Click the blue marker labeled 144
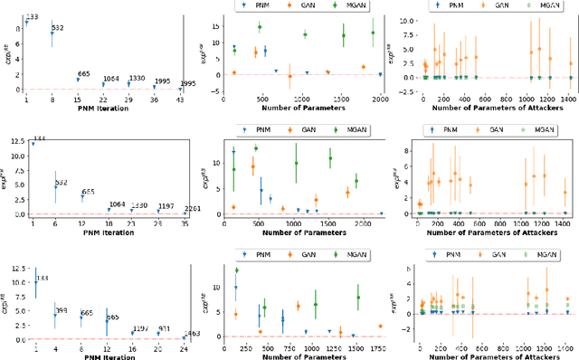33,144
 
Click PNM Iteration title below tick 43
109,110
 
